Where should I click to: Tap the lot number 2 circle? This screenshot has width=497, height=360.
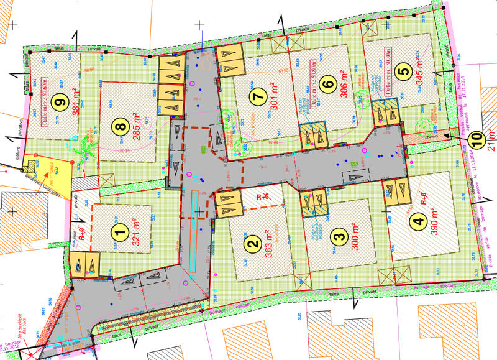pos(250,245)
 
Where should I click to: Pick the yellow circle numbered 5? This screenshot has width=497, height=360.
pos(405,72)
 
